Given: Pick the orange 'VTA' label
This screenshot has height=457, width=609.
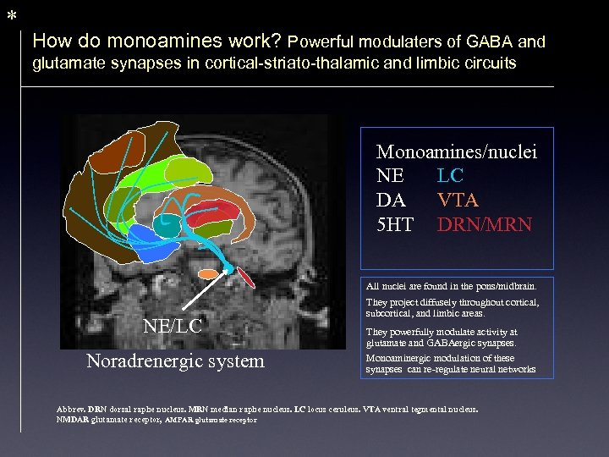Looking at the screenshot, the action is point(458,201).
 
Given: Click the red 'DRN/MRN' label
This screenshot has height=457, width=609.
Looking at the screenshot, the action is point(484,225).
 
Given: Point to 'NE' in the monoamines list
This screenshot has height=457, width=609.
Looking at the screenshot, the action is point(390,176).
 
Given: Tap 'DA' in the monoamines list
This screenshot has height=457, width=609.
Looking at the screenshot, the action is point(390,201).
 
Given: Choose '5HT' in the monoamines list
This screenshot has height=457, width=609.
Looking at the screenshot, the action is point(395,225).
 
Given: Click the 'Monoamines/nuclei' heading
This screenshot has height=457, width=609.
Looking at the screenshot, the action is point(457,152).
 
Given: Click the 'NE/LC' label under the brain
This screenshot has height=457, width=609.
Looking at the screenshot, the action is point(172,326).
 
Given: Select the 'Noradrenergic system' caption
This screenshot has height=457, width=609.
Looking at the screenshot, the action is point(175,361).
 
